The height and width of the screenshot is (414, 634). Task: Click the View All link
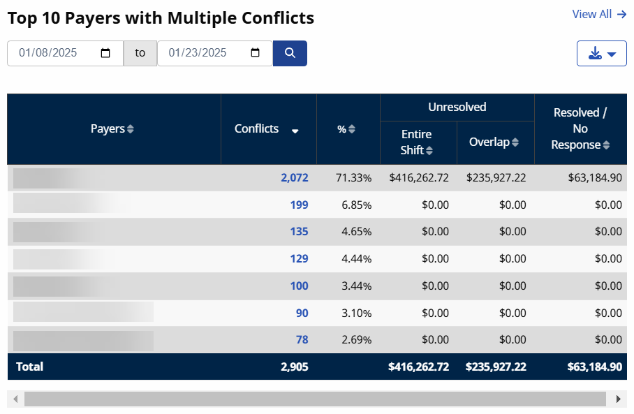coord(598,14)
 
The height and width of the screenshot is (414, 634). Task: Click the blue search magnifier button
coord(290,53)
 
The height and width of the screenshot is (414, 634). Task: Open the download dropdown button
coord(601,54)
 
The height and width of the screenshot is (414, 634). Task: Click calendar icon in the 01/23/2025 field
coord(256,53)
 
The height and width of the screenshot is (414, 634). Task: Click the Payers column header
coord(112,129)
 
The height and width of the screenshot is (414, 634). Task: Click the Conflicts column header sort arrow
coord(295,131)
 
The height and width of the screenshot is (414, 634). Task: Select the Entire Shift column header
coord(418,142)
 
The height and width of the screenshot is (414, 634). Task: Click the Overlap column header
coord(494,142)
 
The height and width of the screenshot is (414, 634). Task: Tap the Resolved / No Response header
coord(580,129)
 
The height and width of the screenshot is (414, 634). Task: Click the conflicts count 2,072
coord(294,178)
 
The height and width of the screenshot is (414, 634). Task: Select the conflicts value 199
coord(299,205)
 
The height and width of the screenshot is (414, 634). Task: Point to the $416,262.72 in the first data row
coord(418,178)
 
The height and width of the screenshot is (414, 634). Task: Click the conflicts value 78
coord(302,340)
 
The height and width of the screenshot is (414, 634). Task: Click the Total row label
coord(29,367)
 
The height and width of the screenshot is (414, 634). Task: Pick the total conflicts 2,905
coord(294,367)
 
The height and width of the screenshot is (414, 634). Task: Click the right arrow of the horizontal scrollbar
coord(617,399)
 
